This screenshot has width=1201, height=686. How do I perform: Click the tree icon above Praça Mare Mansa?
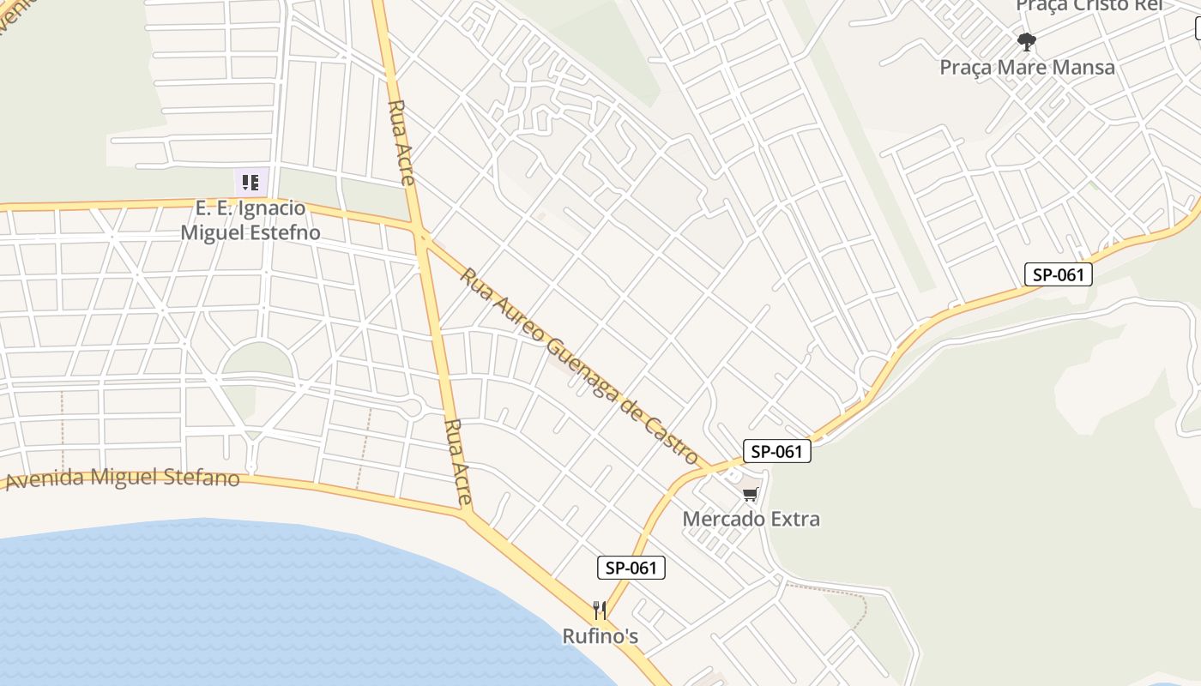[1026, 41]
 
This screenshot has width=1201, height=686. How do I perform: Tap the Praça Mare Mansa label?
[1027, 67]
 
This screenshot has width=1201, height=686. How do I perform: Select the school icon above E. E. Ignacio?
[250, 182]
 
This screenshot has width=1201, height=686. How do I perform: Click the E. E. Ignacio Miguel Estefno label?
[250, 220]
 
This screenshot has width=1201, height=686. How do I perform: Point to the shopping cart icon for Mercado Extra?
[751, 494]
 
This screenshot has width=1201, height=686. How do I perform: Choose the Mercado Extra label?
[751, 519]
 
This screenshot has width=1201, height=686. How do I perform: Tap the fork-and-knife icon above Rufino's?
[600, 611]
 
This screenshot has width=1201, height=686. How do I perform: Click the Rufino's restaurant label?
[600, 636]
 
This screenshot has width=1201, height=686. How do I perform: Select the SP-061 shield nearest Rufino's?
[631, 568]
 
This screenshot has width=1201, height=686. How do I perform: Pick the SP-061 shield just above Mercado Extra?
[776, 452]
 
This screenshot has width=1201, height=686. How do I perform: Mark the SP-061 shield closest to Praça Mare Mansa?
[1059, 275]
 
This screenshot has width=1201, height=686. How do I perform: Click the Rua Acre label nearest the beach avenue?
[458, 461]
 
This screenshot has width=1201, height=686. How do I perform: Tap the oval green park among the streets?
[256, 360]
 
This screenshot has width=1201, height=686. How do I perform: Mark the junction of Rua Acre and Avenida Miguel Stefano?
[468, 514]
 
